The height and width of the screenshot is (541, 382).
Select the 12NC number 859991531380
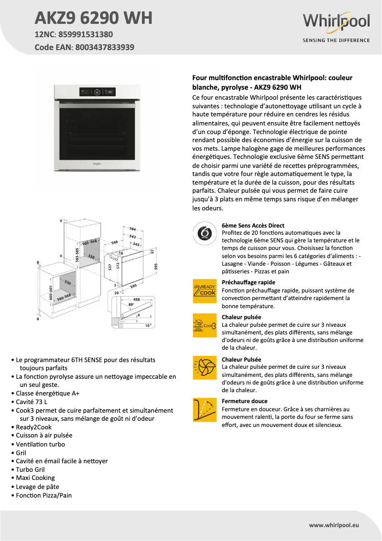[86, 34]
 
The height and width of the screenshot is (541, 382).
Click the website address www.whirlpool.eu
[334, 525]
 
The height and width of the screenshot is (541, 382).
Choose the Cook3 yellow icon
[205, 326]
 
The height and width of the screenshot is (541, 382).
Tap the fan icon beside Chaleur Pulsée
[205, 368]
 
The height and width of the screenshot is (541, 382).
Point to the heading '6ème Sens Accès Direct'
[253, 226]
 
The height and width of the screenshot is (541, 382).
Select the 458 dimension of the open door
[137, 300]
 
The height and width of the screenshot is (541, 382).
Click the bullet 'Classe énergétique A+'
[48, 394]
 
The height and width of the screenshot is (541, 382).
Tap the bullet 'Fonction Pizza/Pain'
[44, 495]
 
